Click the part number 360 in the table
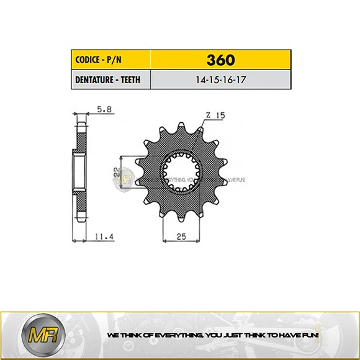[x=221, y=60]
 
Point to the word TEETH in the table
[x=133, y=79]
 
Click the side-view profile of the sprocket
[x=78, y=171]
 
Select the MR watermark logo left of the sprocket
[x=127, y=177]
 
